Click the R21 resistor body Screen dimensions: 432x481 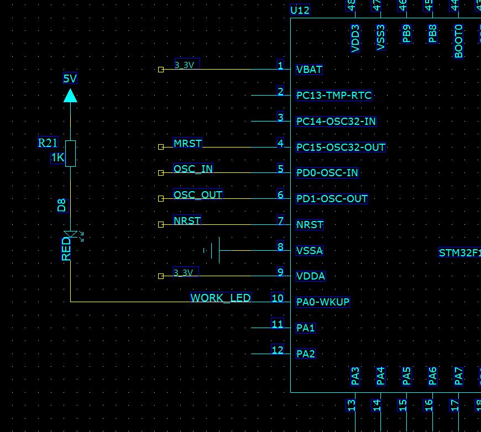(70, 153)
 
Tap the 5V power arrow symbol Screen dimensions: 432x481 (70, 96)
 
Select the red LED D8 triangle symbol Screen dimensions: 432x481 (70, 234)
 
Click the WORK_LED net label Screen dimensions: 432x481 (221, 298)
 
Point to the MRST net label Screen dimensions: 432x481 (188, 144)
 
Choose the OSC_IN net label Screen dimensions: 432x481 (193, 169)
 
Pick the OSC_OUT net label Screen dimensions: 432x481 (198, 195)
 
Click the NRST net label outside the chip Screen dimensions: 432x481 (187, 221)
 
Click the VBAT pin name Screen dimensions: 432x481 (309, 70)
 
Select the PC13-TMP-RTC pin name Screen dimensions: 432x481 (334, 96)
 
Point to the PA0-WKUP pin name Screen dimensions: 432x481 (323, 302)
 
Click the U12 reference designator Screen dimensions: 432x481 (300, 10)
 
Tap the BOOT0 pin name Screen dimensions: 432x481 (458, 41)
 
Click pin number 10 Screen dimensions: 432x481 (278, 298)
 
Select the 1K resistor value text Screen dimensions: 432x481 (57, 158)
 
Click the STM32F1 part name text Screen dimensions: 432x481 (459, 253)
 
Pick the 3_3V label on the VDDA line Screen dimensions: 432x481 (184, 272)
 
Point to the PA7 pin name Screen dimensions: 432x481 (458, 376)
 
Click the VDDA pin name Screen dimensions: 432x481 (311, 276)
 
